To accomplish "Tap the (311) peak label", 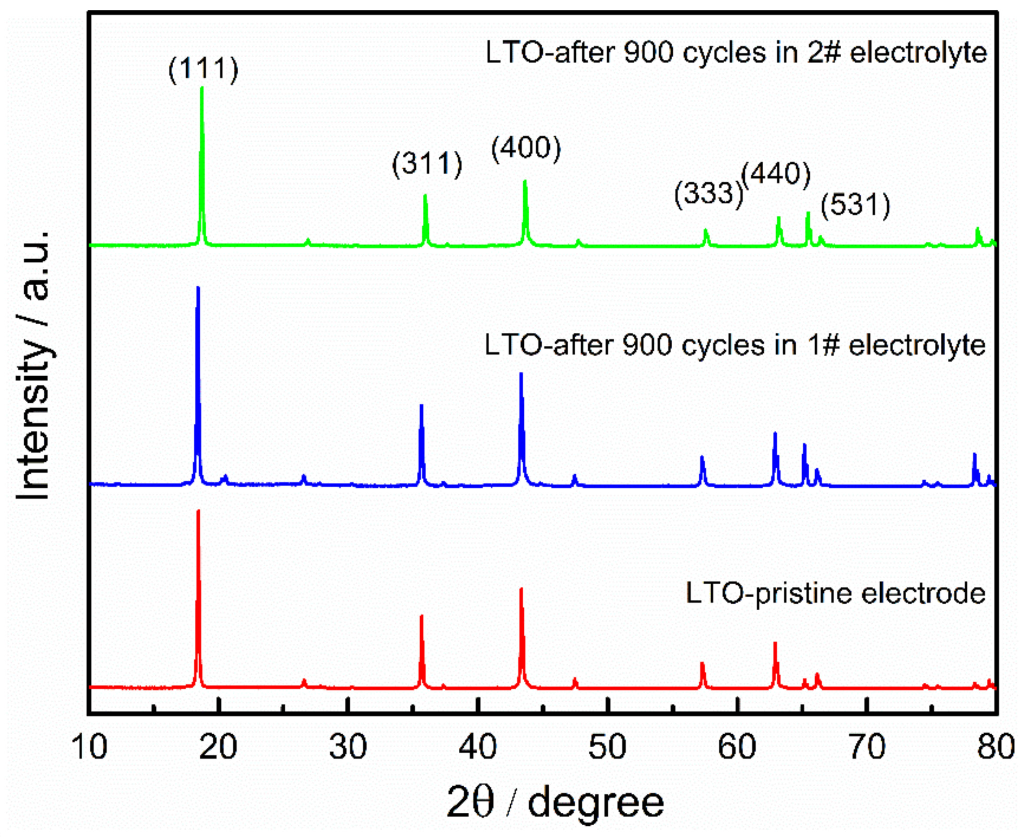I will (427, 164).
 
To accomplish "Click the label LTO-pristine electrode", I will (836, 593).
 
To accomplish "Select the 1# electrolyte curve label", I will (735, 345).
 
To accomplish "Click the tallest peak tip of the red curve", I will (198, 511).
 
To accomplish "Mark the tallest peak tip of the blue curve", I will (198, 288).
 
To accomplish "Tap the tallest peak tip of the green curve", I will (201, 88).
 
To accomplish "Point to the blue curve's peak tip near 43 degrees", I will (521, 374).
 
